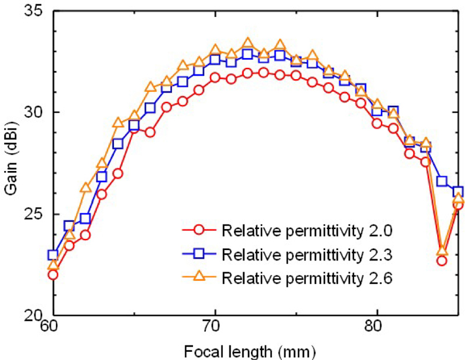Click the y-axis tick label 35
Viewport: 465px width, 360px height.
point(35,12)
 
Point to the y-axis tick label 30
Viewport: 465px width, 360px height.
point(35,112)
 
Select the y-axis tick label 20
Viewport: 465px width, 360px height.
point(35,316)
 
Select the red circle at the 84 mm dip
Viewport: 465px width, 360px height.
point(442,261)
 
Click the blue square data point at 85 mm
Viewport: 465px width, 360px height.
point(458,192)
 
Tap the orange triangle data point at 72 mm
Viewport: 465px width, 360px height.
point(248,43)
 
